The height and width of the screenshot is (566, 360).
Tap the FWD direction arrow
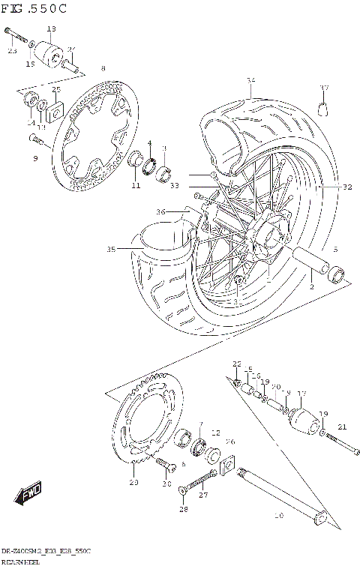(28, 495)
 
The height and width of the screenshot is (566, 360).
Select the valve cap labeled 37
(324, 109)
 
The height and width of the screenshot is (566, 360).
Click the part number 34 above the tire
(250, 80)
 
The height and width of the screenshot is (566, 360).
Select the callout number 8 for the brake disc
(103, 69)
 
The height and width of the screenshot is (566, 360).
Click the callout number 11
(136, 185)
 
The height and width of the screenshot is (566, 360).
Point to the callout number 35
(112, 249)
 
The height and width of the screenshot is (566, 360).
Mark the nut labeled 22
(237, 384)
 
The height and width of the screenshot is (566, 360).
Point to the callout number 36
(160, 212)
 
